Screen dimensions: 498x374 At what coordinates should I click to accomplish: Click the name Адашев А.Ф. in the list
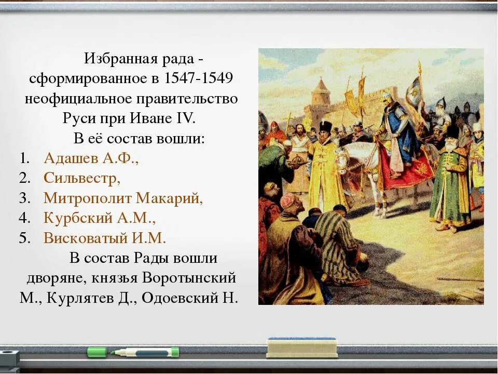click(91, 158)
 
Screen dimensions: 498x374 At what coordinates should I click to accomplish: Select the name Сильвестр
click(82, 178)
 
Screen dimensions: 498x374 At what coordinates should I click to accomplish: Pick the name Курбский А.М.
click(100, 218)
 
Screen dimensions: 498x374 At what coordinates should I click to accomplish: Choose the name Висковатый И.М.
click(105, 238)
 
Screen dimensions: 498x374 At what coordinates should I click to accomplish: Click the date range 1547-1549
click(198, 78)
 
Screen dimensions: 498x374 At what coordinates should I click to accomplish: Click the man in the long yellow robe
click(326, 166)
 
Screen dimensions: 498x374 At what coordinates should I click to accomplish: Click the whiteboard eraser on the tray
click(301, 348)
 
